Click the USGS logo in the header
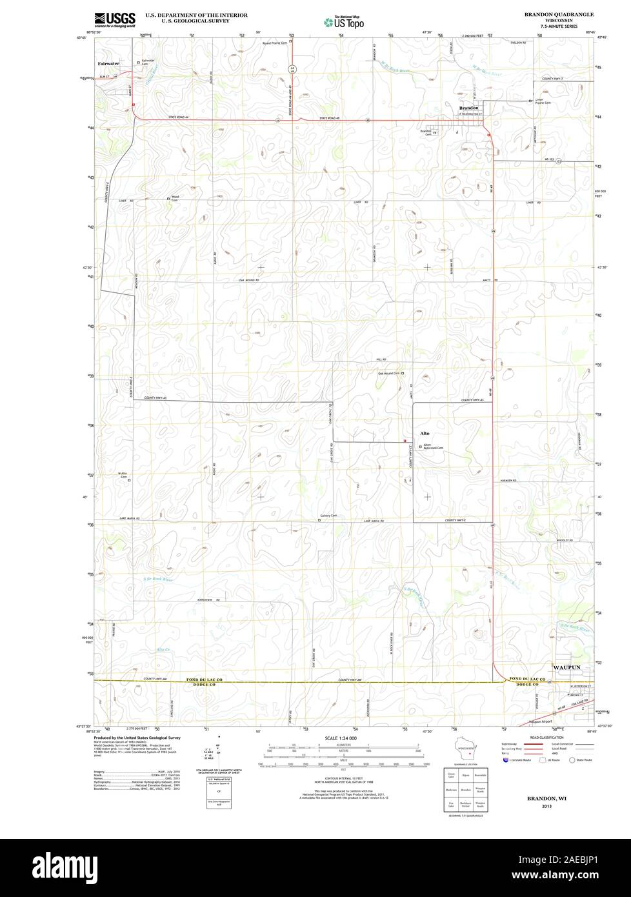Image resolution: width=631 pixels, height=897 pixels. coord(115,20)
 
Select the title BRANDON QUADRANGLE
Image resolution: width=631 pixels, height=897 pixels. coord(559,14)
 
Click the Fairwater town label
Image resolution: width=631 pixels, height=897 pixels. coord(108,64)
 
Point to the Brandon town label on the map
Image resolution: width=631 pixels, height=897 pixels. coord(468,108)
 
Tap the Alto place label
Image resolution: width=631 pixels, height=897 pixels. coord(425,433)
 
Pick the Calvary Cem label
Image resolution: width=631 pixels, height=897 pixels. coord(329,516)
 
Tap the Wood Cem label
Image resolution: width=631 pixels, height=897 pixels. coord(174,199)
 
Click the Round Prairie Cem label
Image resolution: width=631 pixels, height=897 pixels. coord(274,43)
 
